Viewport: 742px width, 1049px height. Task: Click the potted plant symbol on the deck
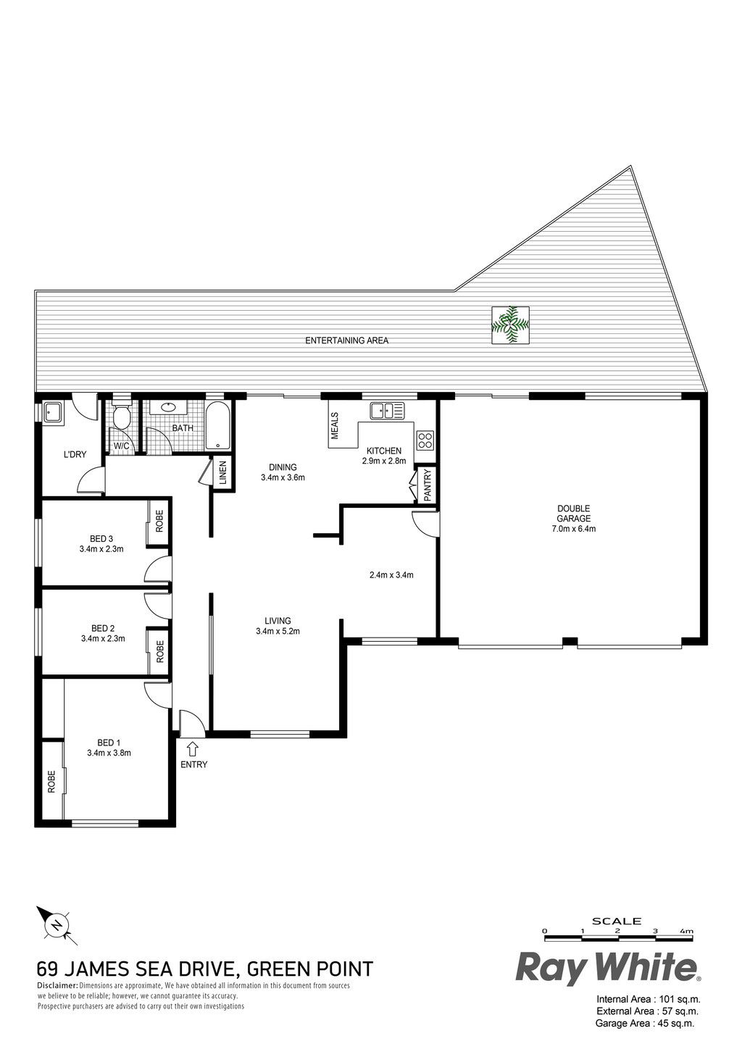[510, 325]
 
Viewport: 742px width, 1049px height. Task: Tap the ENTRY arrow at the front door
[192, 748]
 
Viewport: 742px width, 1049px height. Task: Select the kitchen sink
[387, 411]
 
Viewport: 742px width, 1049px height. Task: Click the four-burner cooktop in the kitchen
[425, 440]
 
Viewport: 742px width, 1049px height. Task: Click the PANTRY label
[428, 485]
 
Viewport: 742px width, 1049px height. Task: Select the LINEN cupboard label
[223, 473]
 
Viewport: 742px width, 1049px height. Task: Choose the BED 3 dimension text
[101, 549]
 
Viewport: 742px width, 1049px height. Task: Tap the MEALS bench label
[335, 426]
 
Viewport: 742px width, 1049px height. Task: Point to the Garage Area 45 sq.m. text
[645, 1033]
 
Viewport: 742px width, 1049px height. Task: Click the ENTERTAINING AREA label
[346, 340]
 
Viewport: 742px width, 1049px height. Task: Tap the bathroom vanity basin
[166, 407]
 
